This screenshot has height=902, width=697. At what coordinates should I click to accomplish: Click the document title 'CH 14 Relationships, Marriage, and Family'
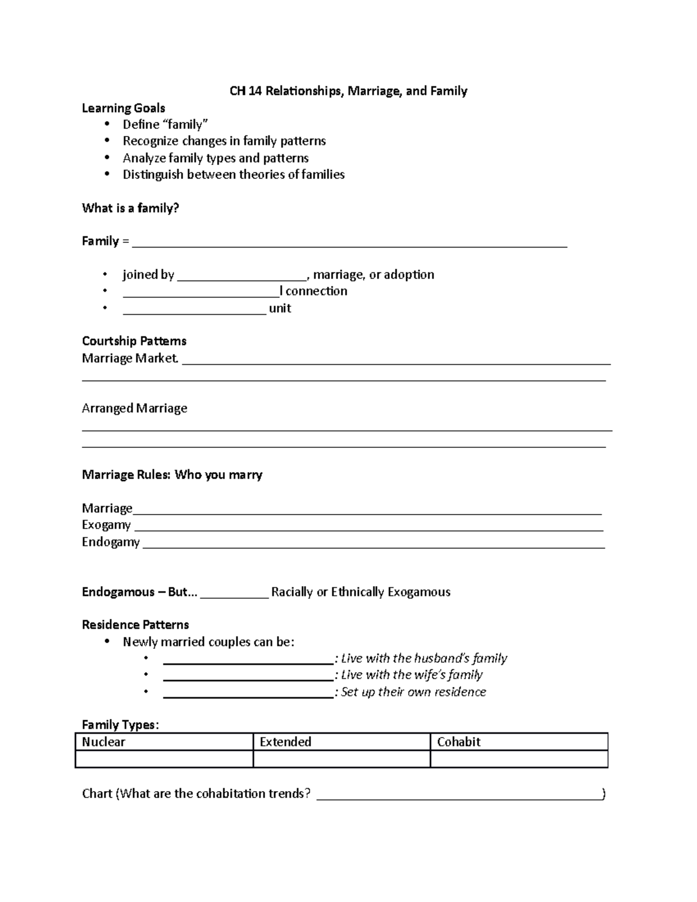pyautogui.click(x=348, y=91)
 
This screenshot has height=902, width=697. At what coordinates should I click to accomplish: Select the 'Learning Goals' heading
pyautogui.click(x=123, y=108)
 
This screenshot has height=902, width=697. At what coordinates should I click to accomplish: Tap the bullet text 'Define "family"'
pyautogui.click(x=165, y=124)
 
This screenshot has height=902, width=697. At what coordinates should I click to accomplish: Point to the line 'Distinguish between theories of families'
pyautogui.click(x=233, y=175)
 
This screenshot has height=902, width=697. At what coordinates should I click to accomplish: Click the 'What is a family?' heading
pyautogui.click(x=130, y=208)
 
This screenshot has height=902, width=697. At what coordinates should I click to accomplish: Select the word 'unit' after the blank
pyautogui.click(x=279, y=308)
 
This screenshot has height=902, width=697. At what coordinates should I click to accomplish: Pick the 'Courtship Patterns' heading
pyautogui.click(x=134, y=341)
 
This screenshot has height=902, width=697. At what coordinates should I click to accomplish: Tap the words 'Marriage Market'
pyautogui.click(x=129, y=358)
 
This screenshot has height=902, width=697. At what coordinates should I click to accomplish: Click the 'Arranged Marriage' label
pyautogui.click(x=134, y=408)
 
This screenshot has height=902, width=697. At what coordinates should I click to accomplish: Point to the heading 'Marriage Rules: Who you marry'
pyautogui.click(x=172, y=475)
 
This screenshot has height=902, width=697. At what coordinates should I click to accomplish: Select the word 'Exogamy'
pyautogui.click(x=106, y=525)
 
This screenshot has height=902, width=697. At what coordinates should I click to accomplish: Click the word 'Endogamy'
pyautogui.click(x=110, y=542)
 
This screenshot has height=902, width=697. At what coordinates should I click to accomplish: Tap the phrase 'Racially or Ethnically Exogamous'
pyautogui.click(x=361, y=592)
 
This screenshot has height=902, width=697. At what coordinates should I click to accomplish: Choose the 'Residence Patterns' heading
pyautogui.click(x=135, y=625)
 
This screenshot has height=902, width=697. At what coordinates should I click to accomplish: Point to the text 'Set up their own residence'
pyautogui.click(x=413, y=692)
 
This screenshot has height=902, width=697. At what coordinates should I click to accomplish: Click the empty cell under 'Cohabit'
pyautogui.click(x=519, y=759)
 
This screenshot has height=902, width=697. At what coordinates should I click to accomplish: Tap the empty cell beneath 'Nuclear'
pyautogui.click(x=164, y=759)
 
